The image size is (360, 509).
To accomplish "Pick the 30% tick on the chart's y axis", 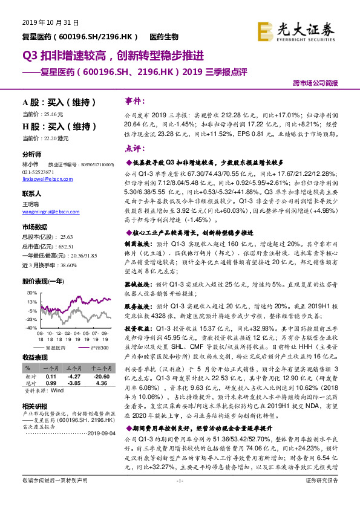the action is [x=31, y=292].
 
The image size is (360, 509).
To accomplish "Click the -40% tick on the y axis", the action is [x=30, y=328].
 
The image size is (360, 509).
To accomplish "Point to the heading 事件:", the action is [x=134, y=100].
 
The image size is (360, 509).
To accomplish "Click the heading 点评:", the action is [x=134, y=148].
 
